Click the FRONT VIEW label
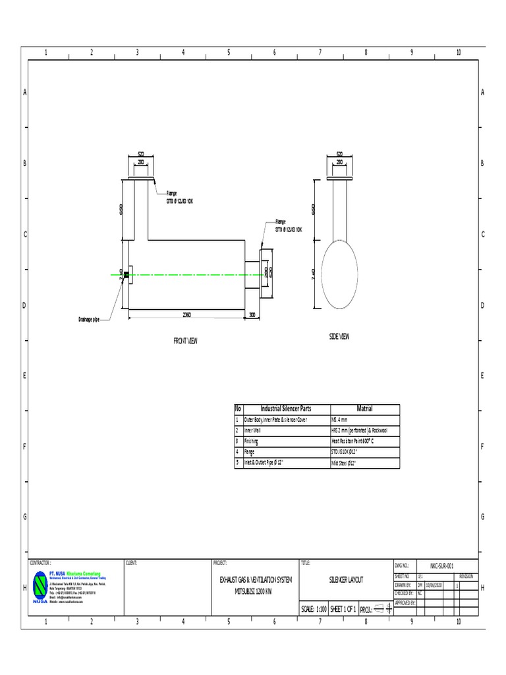tap(185, 341)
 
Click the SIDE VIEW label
tap(339, 336)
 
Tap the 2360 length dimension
tap(187, 315)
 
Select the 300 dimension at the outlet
tap(252, 315)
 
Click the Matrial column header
tap(364, 409)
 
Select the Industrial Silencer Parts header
tap(286, 409)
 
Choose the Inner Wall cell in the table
tap(253, 430)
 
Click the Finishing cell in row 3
tap(253, 440)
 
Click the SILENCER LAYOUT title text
tap(346, 579)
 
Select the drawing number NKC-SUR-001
tap(442, 566)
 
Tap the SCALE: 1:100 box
tap(314, 609)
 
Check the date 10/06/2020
tap(436, 584)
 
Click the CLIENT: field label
tap(132, 563)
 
